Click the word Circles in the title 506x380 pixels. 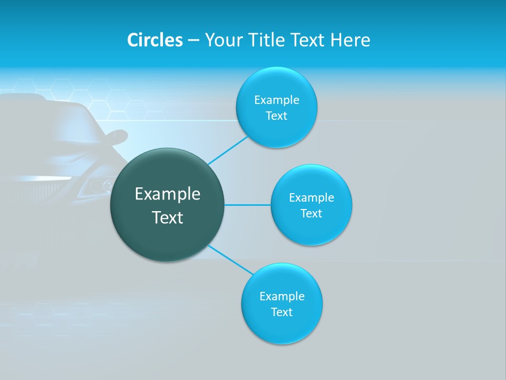point(154,40)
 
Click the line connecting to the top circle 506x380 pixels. point(228,150)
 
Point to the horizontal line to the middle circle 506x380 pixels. point(248,205)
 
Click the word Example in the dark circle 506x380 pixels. point(168,194)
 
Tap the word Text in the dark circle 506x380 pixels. point(168,217)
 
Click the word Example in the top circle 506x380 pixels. point(277,100)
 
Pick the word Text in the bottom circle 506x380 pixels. point(281,312)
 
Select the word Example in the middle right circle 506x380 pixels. point(312,197)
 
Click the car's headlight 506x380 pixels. point(98,185)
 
